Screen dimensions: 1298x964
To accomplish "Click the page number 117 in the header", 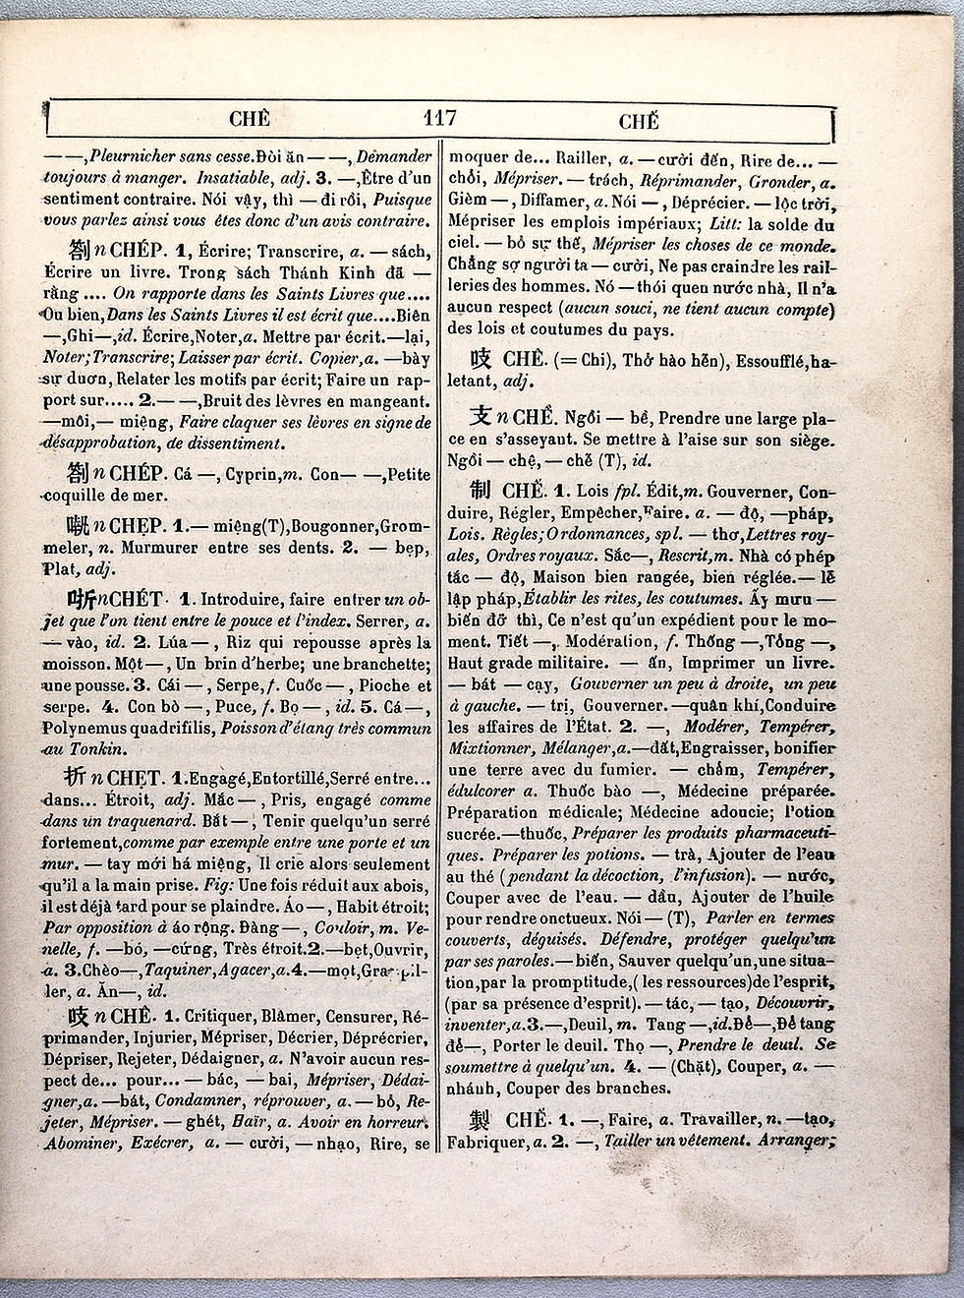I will (x=438, y=119).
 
